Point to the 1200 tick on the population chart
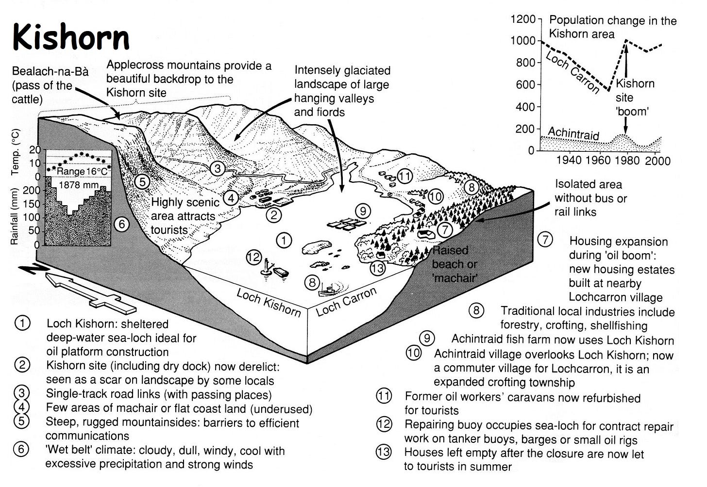(522, 19)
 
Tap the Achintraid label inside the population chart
(573, 132)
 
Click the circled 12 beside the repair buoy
(254, 257)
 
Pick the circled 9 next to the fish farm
(362, 211)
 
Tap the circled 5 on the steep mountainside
(141, 182)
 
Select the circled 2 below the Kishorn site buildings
(274, 214)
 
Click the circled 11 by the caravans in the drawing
(404, 176)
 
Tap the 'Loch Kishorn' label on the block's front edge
(268, 302)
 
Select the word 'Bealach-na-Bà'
(50, 72)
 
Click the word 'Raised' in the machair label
(450, 250)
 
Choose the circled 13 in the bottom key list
(384, 453)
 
